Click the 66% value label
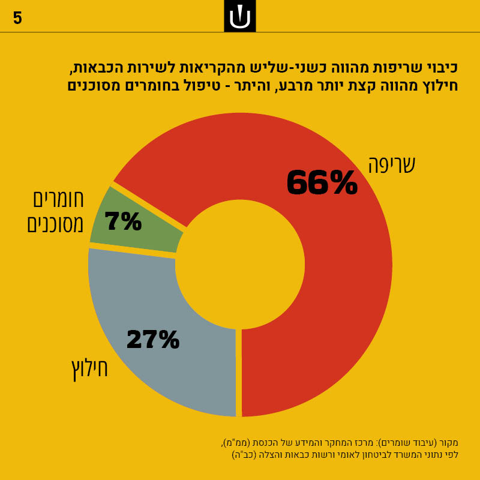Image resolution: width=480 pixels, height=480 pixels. pyautogui.click(x=322, y=183)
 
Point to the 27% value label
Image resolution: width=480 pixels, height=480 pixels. pyautogui.click(x=152, y=340)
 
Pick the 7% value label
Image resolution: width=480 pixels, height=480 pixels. pyautogui.click(x=123, y=221)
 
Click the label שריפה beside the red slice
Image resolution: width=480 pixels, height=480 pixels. pyautogui.click(x=392, y=164)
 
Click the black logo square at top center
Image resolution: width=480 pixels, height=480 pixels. pyautogui.click(x=240, y=16)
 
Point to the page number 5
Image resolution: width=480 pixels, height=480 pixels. pyautogui.click(x=17, y=19)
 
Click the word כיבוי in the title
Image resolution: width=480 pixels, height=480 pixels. pyautogui.click(x=440, y=66)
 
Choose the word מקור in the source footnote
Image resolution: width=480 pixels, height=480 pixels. pyautogui.click(x=447, y=443)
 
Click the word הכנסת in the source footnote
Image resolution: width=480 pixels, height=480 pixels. pyautogui.click(x=268, y=443)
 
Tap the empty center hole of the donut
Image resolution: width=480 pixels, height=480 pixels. pyautogui.click(x=240, y=264)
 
